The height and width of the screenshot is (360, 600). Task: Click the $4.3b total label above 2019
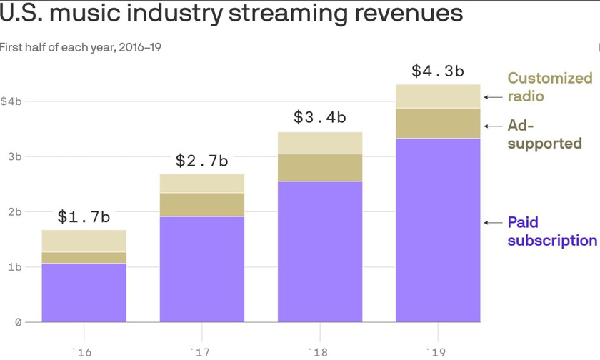tap(437, 71)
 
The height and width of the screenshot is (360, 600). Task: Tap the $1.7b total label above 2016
tap(84, 216)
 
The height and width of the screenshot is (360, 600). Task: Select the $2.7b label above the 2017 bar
tap(201, 161)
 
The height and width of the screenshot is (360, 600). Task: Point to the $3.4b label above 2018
tap(319, 118)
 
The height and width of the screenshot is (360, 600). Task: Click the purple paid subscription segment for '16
tap(84, 293)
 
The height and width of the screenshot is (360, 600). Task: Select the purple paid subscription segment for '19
tap(437, 230)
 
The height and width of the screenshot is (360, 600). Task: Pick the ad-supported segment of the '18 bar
tap(319, 168)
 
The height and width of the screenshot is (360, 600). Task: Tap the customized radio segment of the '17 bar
tap(201, 184)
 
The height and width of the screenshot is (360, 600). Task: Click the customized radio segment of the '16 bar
tap(84, 241)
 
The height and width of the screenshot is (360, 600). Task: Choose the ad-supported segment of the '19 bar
tap(437, 123)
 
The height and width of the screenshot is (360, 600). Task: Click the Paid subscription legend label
tap(551, 231)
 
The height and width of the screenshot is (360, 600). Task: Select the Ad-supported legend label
tap(544, 134)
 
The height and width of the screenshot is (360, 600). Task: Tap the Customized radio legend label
tap(549, 87)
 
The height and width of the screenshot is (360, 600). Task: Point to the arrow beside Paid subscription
tap(493, 223)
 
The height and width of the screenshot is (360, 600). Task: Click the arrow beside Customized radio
tap(493, 96)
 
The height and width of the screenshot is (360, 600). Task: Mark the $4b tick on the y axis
tap(11, 101)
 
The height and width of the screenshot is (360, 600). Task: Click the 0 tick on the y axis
tap(18, 322)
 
